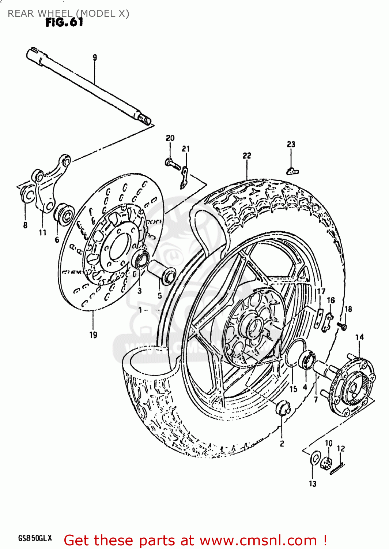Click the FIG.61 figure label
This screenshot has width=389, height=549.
click(64, 23)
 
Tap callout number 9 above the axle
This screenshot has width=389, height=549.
click(95, 57)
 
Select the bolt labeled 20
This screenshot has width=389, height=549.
click(171, 162)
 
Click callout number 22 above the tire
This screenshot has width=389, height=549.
click(247, 156)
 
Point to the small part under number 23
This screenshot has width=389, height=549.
click(292, 170)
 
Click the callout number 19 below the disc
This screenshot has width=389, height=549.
click(93, 335)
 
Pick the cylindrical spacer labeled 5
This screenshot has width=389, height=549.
click(161, 271)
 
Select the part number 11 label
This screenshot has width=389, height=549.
click(42, 232)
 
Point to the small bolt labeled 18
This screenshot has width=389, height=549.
click(343, 326)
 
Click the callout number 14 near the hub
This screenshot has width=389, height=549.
click(359, 337)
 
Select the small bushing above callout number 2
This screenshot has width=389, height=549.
click(283, 408)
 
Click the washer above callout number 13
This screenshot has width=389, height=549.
click(315, 458)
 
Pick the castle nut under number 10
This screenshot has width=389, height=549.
click(326, 463)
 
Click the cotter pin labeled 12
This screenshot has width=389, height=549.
click(337, 469)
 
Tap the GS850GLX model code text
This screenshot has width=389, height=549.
click(35, 538)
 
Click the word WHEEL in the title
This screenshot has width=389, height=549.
click(54, 14)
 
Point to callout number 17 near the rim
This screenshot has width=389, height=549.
click(321, 291)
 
